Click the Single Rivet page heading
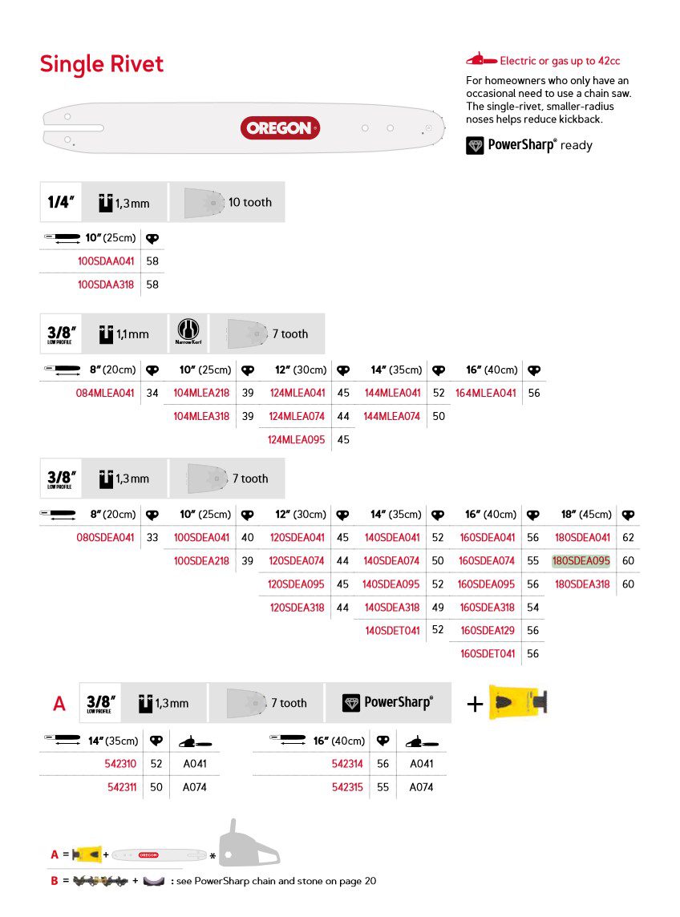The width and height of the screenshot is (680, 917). [x=102, y=64]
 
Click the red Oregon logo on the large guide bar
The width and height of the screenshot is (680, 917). [x=280, y=128]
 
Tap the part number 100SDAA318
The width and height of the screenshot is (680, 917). [x=106, y=285]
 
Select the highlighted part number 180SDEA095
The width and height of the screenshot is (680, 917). [x=581, y=561]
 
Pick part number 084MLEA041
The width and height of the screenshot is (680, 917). [x=106, y=393]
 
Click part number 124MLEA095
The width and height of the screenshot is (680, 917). [x=297, y=439]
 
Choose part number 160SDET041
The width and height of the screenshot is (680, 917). [x=488, y=653]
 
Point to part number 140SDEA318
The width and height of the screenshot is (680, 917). [x=392, y=608]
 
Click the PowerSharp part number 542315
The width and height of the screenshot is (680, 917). [x=347, y=787]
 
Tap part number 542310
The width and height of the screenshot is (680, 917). [x=121, y=764]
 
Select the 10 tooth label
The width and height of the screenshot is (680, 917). [x=250, y=202]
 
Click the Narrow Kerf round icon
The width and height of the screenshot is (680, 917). [x=188, y=331]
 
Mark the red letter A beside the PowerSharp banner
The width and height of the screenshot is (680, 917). [x=59, y=704]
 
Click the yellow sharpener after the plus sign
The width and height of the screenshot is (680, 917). [x=517, y=702]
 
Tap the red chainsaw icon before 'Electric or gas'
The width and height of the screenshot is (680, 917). [x=481, y=60]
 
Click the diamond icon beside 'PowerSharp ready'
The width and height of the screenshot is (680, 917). [x=476, y=145]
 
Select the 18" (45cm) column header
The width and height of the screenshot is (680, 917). [x=586, y=514]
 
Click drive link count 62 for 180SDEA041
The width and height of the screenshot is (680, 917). [x=628, y=538]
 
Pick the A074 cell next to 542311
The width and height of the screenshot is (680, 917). [x=195, y=787]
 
